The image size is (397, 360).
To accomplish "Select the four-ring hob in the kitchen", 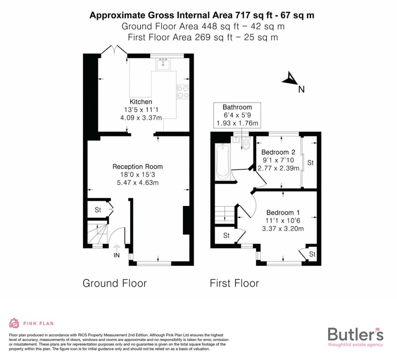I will click(x=183, y=92).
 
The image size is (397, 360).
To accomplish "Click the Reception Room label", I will click(x=138, y=167).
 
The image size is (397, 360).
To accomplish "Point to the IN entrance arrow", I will click(x=116, y=249).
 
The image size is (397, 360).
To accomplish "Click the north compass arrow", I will click(x=290, y=80).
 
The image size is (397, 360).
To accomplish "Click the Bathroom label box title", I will click(x=237, y=107).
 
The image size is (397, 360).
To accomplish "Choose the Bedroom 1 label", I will click(x=283, y=213).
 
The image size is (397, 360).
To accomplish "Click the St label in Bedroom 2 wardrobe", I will click(x=310, y=163).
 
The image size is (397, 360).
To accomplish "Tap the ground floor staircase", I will click(x=96, y=233).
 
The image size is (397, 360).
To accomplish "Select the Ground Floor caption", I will click(x=115, y=283).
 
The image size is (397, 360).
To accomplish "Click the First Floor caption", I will click(x=234, y=283).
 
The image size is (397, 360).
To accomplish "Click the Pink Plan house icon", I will click(x=14, y=323).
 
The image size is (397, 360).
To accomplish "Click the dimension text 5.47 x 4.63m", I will click(x=138, y=182).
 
